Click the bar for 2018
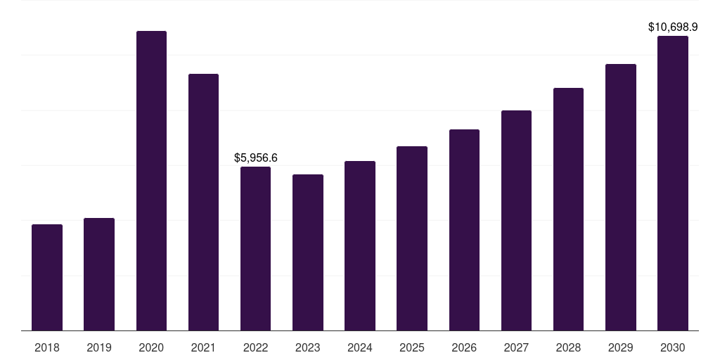[x=47, y=278]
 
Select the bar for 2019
[x=99, y=274]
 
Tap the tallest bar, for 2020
[x=151, y=181]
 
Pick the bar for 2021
[x=203, y=202]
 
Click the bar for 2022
[x=255, y=248]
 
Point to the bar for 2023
[x=308, y=252]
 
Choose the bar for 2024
[x=360, y=245]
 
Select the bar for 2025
[x=412, y=238]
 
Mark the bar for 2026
[x=464, y=230]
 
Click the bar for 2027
[x=516, y=220]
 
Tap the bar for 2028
[x=568, y=209]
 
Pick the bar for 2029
[x=620, y=197]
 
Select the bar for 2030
[x=673, y=183]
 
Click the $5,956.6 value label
[x=255, y=158]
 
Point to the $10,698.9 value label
[x=673, y=27]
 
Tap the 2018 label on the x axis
[x=47, y=347]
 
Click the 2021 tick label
[x=203, y=347]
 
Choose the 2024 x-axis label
[x=360, y=347]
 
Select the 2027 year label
[x=516, y=347]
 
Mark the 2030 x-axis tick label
[x=673, y=347]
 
